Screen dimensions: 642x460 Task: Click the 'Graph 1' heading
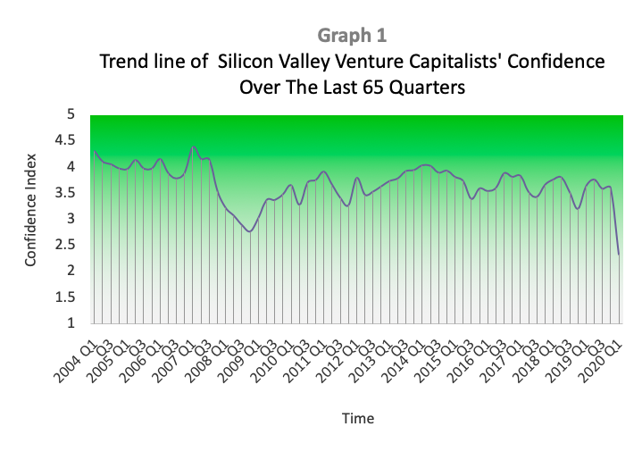[x=352, y=36]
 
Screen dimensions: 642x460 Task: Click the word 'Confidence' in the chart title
[x=555, y=62]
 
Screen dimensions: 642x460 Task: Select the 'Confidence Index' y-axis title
[x=30, y=210]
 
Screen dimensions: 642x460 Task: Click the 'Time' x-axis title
[x=358, y=418]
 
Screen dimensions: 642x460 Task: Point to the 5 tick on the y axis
[x=71, y=113]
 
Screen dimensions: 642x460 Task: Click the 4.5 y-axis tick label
[x=65, y=140]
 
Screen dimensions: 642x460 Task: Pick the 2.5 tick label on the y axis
[x=65, y=245]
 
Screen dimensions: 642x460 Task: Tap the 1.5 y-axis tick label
[x=65, y=297]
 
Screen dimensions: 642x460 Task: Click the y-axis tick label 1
[x=71, y=322]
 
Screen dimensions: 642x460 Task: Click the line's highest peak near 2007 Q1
[x=193, y=146]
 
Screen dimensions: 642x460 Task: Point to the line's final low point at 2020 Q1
[x=618, y=255]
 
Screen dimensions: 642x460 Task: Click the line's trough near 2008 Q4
[x=250, y=232]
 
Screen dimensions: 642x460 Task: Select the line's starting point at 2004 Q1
[x=95, y=151]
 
